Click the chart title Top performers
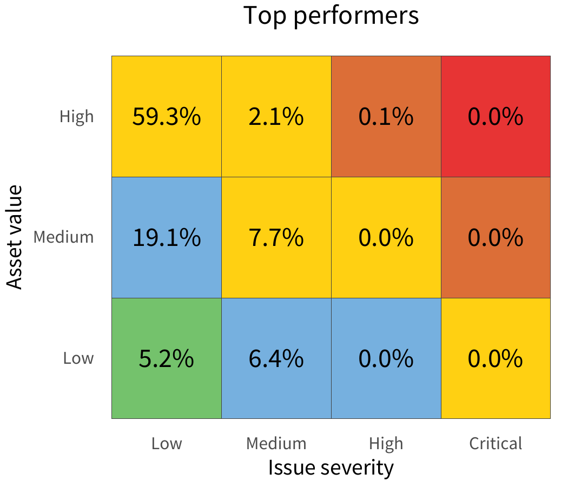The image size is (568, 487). click(331, 16)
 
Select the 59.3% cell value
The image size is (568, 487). click(167, 117)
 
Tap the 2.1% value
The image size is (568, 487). click(276, 117)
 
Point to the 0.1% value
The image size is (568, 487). click(386, 117)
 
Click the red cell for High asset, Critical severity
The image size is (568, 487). click(496, 116)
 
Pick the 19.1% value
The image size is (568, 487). click(167, 237)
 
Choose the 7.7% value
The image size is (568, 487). click(276, 237)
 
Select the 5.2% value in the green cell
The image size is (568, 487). click(167, 358)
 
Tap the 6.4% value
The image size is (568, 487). click(276, 358)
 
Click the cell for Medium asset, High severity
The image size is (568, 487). click(386, 237)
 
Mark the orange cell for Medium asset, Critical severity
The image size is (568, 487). click(496, 237)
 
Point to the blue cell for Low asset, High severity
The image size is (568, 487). click(386, 358)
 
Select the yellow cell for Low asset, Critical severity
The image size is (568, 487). click(496, 358)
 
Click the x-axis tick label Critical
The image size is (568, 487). click(496, 444)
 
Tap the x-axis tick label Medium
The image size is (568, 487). click(276, 444)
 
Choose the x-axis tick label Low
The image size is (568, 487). click(167, 444)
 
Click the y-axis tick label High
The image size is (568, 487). click(77, 116)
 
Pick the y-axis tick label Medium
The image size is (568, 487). click(63, 237)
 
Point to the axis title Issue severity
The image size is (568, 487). click(331, 467)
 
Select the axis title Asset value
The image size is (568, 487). click(15, 237)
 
